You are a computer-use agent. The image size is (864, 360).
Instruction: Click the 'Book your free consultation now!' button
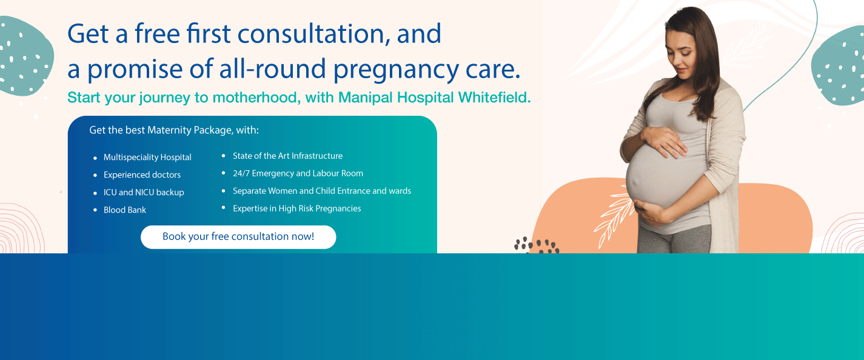(238, 237)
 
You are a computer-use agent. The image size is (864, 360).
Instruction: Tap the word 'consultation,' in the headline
(311, 34)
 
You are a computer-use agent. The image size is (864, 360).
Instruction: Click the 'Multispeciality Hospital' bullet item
(147, 157)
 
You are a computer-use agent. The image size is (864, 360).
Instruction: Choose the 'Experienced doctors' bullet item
(142, 175)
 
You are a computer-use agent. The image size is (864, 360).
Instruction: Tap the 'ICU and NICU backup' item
(144, 192)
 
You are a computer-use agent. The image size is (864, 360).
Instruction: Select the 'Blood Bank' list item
(124, 210)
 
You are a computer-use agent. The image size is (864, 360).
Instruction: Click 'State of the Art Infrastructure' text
(287, 156)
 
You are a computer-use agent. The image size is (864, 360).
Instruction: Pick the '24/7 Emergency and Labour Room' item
(298, 173)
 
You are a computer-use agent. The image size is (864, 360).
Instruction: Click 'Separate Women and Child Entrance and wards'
(322, 191)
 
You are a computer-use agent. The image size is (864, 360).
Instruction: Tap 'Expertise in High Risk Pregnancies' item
(296, 208)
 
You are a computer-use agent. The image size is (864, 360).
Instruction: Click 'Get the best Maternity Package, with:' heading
(174, 130)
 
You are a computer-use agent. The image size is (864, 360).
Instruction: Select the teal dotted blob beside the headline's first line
(25, 56)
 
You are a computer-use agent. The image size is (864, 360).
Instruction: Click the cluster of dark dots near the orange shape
(537, 245)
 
